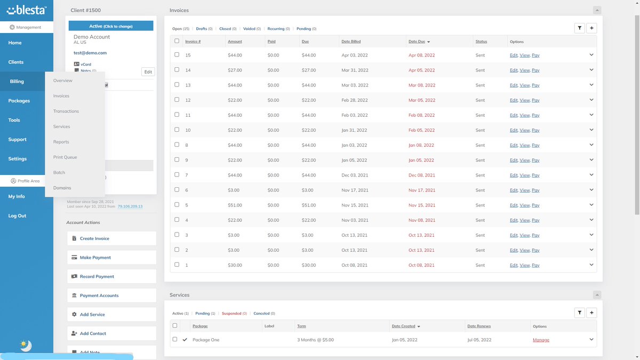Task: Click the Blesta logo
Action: point(26,11)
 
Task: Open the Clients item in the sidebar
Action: point(16,62)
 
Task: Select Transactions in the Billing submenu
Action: point(66,111)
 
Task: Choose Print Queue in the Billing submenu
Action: point(65,157)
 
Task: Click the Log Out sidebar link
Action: point(17,216)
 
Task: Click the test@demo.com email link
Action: point(90,53)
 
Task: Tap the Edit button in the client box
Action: point(148,71)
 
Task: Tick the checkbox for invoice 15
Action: point(177,55)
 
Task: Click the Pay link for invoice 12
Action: point(535,100)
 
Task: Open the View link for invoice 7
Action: point(525,175)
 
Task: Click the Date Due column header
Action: point(417,42)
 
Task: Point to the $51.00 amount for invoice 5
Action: point(235,205)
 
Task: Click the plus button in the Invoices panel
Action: point(591,28)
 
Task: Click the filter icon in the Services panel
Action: point(579,313)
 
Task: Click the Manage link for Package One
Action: point(541,340)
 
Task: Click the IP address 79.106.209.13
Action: point(130,206)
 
